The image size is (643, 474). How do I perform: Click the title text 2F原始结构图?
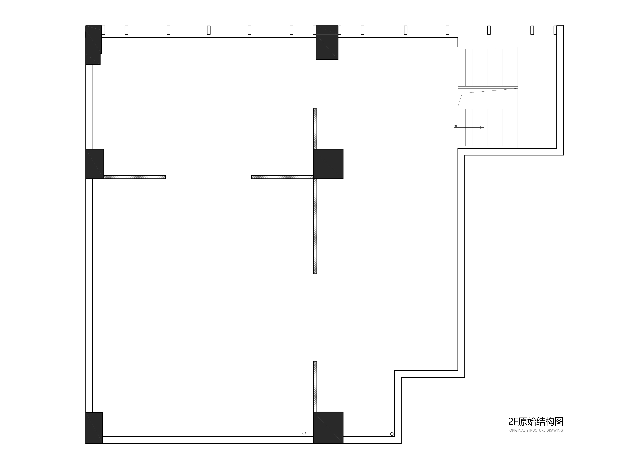click(535, 422)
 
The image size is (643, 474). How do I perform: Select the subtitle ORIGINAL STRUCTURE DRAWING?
click(536, 430)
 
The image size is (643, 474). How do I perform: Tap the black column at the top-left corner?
click(94, 40)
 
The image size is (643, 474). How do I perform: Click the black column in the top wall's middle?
click(327, 43)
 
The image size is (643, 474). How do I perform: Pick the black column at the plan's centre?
click(328, 164)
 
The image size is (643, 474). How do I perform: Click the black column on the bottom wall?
click(328, 427)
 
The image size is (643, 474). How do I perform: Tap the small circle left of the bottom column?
click(304, 433)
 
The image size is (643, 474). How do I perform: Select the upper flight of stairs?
click(488, 68)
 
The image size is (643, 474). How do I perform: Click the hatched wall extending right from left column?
click(135, 177)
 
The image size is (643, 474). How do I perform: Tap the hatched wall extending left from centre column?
click(282, 177)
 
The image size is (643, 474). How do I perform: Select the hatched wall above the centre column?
click(315, 129)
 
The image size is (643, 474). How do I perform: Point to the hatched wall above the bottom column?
click(315, 386)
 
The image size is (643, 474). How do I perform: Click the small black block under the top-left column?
click(93, 59)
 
